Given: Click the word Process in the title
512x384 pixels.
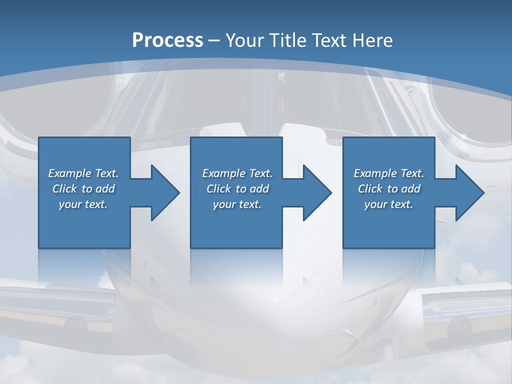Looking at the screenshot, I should pyautogui.click(x=167, y=41).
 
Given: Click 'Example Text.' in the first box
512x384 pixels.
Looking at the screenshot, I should pyautogui.click(x=84, y=173).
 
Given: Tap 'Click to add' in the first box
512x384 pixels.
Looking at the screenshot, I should pyautogui.click(x=84, y=189).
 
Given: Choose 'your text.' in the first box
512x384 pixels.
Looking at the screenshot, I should pyautogui.click(x=84, y=204).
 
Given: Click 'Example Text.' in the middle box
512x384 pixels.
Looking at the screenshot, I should pyautogui.click(x=237, y=173).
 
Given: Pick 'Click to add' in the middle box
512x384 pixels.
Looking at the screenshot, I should pyautogui.click(x=237, y=189).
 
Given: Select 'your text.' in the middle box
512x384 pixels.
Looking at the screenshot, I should pyautogui.click(x=237, y=204).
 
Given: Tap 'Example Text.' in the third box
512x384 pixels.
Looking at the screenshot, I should pyautogui.click(x=389, y=173).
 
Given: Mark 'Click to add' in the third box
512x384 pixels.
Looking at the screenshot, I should pyautogui.click(x=389, y=189).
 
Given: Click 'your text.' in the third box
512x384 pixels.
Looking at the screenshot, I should pyautogui.click(x=389, y=204).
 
